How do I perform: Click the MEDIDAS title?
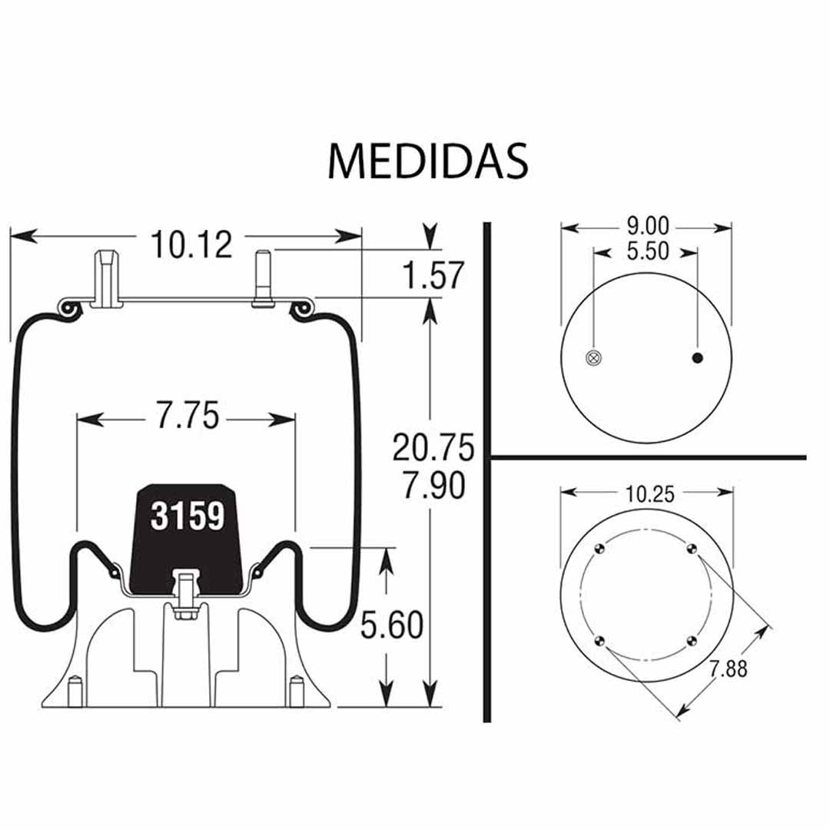pos(428,161)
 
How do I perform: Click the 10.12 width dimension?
pos(191,244)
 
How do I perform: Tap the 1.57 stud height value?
pos(433,274)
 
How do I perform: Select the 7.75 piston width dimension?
pos(188,416)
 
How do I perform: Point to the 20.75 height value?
pos(433,447)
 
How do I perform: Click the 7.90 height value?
pos(434,485)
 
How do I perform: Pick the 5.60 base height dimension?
pos(392,625)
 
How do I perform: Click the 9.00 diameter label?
pos(648,227)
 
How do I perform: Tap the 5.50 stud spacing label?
pos(648,251)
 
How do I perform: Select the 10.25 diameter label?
pos(650,494)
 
